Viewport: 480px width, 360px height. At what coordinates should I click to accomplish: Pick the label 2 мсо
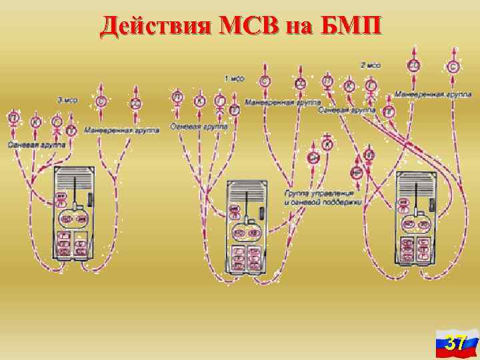tap(371, 66)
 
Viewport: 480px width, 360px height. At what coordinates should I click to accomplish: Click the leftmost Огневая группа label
tap(37, 143)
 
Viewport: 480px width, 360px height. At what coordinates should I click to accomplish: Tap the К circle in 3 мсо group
tap(35, 122)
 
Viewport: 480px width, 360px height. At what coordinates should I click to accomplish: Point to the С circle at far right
tap(453, 67)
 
